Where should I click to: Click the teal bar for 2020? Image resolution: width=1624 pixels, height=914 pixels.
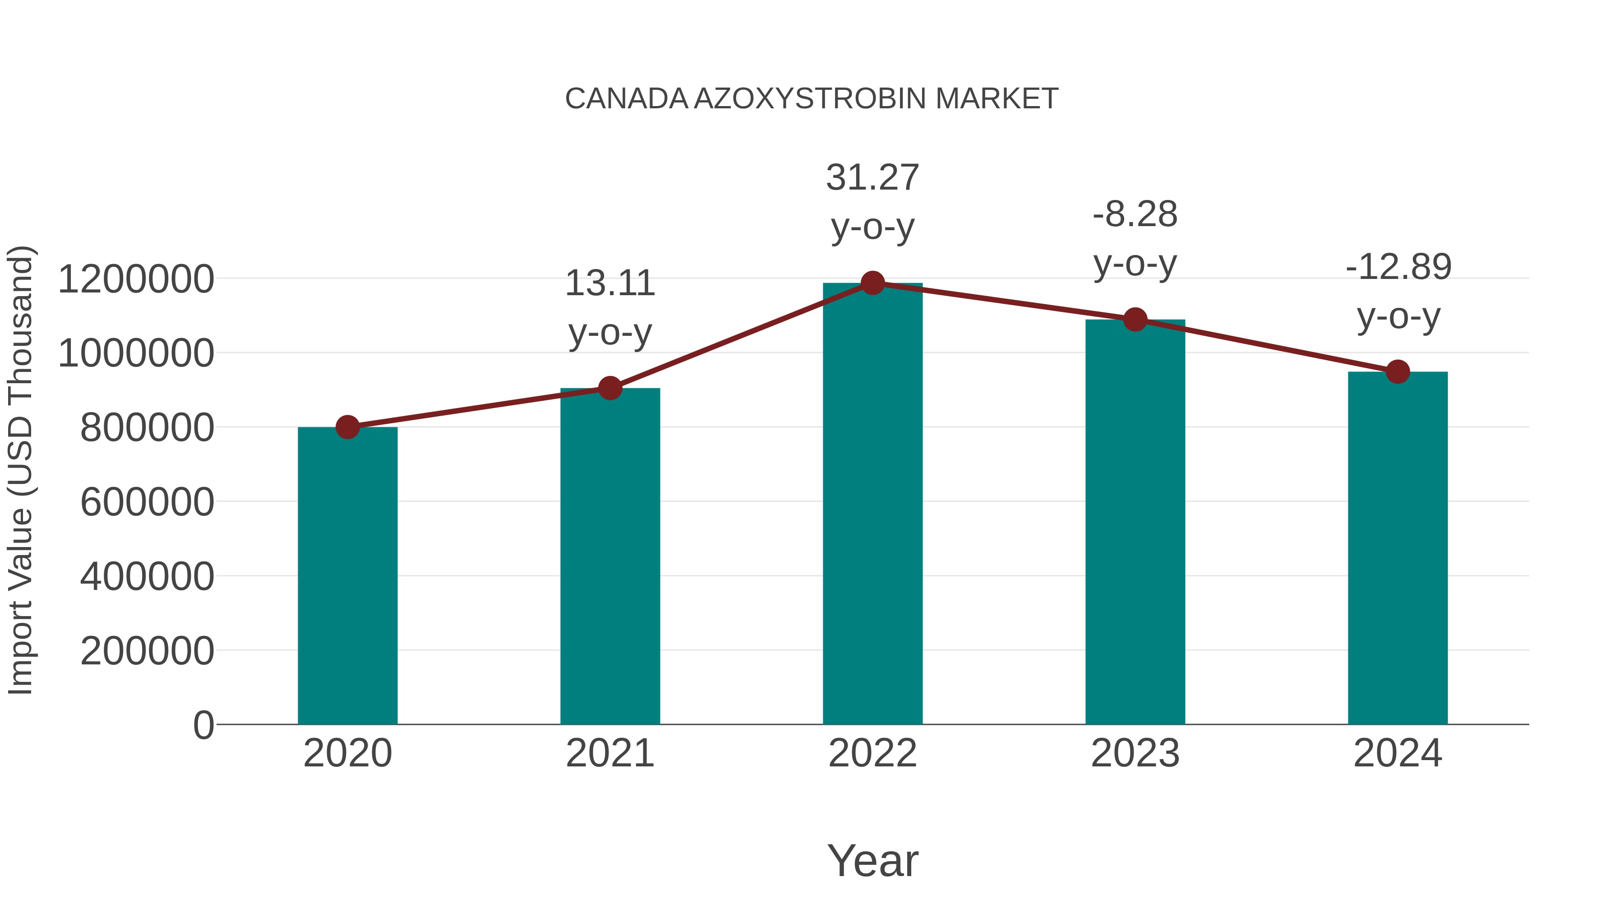tap(347, 575)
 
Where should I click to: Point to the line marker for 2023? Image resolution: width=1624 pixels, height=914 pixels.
tap(1135, 320)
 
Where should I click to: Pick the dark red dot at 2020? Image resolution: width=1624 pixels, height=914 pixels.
tap(347, 427)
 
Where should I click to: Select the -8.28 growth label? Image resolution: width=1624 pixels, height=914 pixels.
tap(1135, 214)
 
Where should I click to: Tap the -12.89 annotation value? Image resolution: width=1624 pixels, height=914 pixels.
tap(1398, 267)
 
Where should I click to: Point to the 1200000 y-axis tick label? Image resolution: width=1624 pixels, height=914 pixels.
tap(135, 279)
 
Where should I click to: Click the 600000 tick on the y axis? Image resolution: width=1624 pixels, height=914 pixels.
tap(147, 503)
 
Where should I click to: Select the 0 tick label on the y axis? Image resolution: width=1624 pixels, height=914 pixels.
tap(203, 725)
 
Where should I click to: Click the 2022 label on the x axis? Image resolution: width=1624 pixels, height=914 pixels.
tap(872, 753)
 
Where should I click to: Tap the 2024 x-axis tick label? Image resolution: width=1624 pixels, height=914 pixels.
tap(1398, 753)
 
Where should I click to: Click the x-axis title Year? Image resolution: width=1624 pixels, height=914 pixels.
tap(872, 860)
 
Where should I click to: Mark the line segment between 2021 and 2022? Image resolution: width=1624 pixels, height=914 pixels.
tap(741, 335)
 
